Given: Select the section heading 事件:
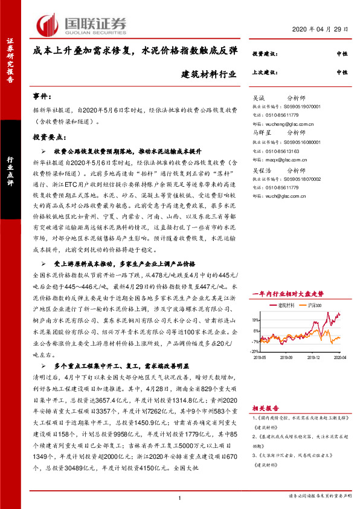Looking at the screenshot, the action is coord(42,96).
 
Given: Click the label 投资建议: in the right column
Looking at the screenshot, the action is coord(263,54).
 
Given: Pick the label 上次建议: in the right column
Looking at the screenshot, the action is coord(263,72).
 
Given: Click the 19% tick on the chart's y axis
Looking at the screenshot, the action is coord(256,320).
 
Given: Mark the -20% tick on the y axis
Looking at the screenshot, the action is coord(255,351).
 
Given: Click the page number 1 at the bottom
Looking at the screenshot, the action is coord(180,498).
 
